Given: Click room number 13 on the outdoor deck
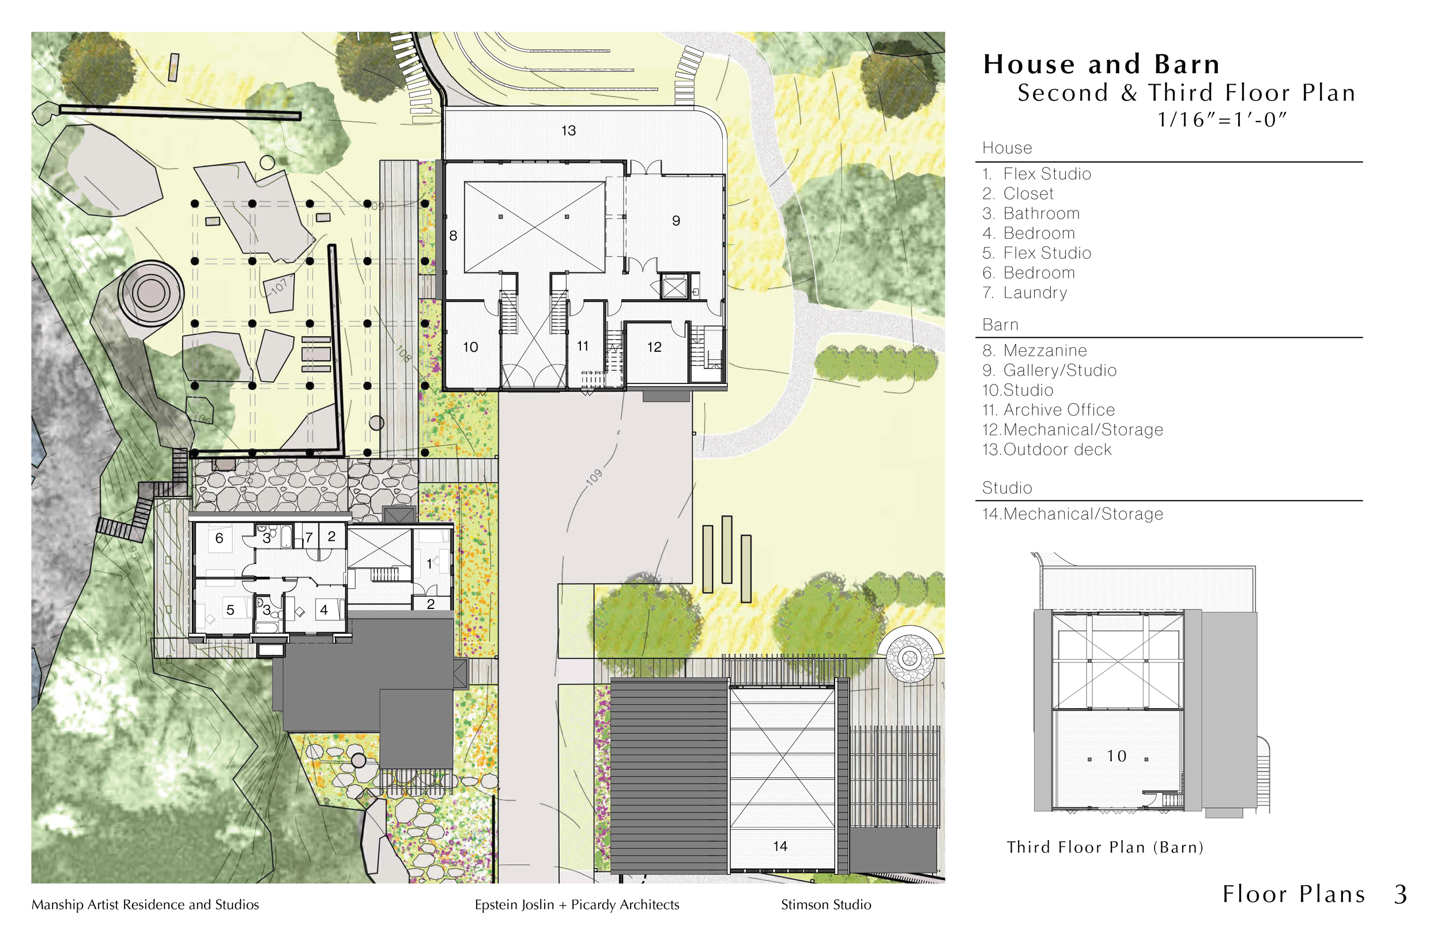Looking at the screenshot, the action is (568, 130).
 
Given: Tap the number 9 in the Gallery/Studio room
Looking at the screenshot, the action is (676, 220).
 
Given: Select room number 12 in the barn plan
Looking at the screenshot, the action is (654, 347).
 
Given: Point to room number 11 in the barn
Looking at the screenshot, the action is (583, 346).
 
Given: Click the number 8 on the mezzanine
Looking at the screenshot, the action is (453, 236).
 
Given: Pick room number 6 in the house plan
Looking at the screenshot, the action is (219, 538).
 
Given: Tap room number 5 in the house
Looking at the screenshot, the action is (230, 610).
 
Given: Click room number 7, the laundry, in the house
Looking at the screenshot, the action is (309, 537).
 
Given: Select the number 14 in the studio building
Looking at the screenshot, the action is (780, 847).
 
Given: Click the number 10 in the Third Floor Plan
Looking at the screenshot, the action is (1116, 756).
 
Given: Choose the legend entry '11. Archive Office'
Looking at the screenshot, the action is (1048, 410).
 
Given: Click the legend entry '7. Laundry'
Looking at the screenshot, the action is (1025, 292).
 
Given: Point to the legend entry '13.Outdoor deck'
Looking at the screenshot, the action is (1047, 450).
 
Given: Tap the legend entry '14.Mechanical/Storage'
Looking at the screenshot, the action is (1073, 514).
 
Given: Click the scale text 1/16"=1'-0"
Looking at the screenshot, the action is (1221, 119).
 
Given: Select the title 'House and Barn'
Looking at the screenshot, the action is (1102, 64).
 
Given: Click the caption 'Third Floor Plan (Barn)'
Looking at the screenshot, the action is (1105, 847).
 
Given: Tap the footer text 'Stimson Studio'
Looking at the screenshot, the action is (826, 905).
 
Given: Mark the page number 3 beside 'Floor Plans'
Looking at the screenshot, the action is (1401, 894).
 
